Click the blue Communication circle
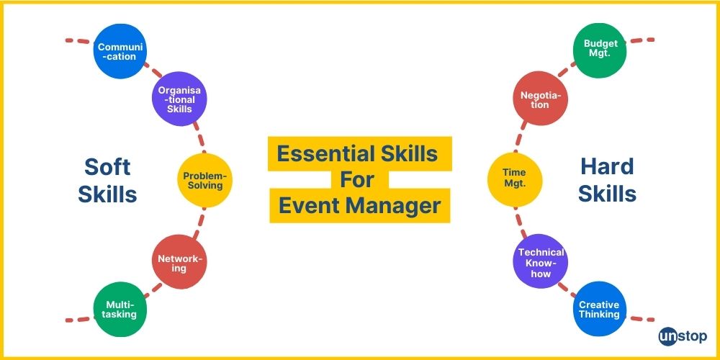click(121, 51)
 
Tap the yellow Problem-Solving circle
click(205, 181)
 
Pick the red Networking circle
click(179, 263)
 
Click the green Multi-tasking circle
click(121, 310)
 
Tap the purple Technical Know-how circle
click(540, 263)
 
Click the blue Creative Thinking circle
click(600, 310)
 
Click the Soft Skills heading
click(107, 180)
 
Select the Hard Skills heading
click(607, 180)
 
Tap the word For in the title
click(359, 180)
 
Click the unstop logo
click(683, 336)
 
